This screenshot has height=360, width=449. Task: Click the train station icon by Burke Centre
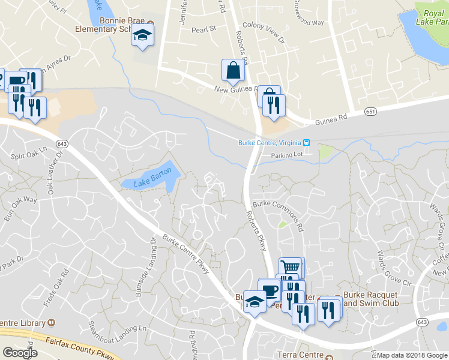coord(306,142)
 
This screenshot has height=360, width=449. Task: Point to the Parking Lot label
coord(286,155)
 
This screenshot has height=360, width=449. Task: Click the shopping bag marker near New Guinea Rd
coord(233,70)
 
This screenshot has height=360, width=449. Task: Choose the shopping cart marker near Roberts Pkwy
coord(291,267)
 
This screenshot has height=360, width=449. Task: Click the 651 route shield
coord(370,111)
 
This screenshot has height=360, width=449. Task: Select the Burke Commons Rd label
coord(279,212)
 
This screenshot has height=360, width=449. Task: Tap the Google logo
coord(20,353)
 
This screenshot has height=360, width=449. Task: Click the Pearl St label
coord(203,29)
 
